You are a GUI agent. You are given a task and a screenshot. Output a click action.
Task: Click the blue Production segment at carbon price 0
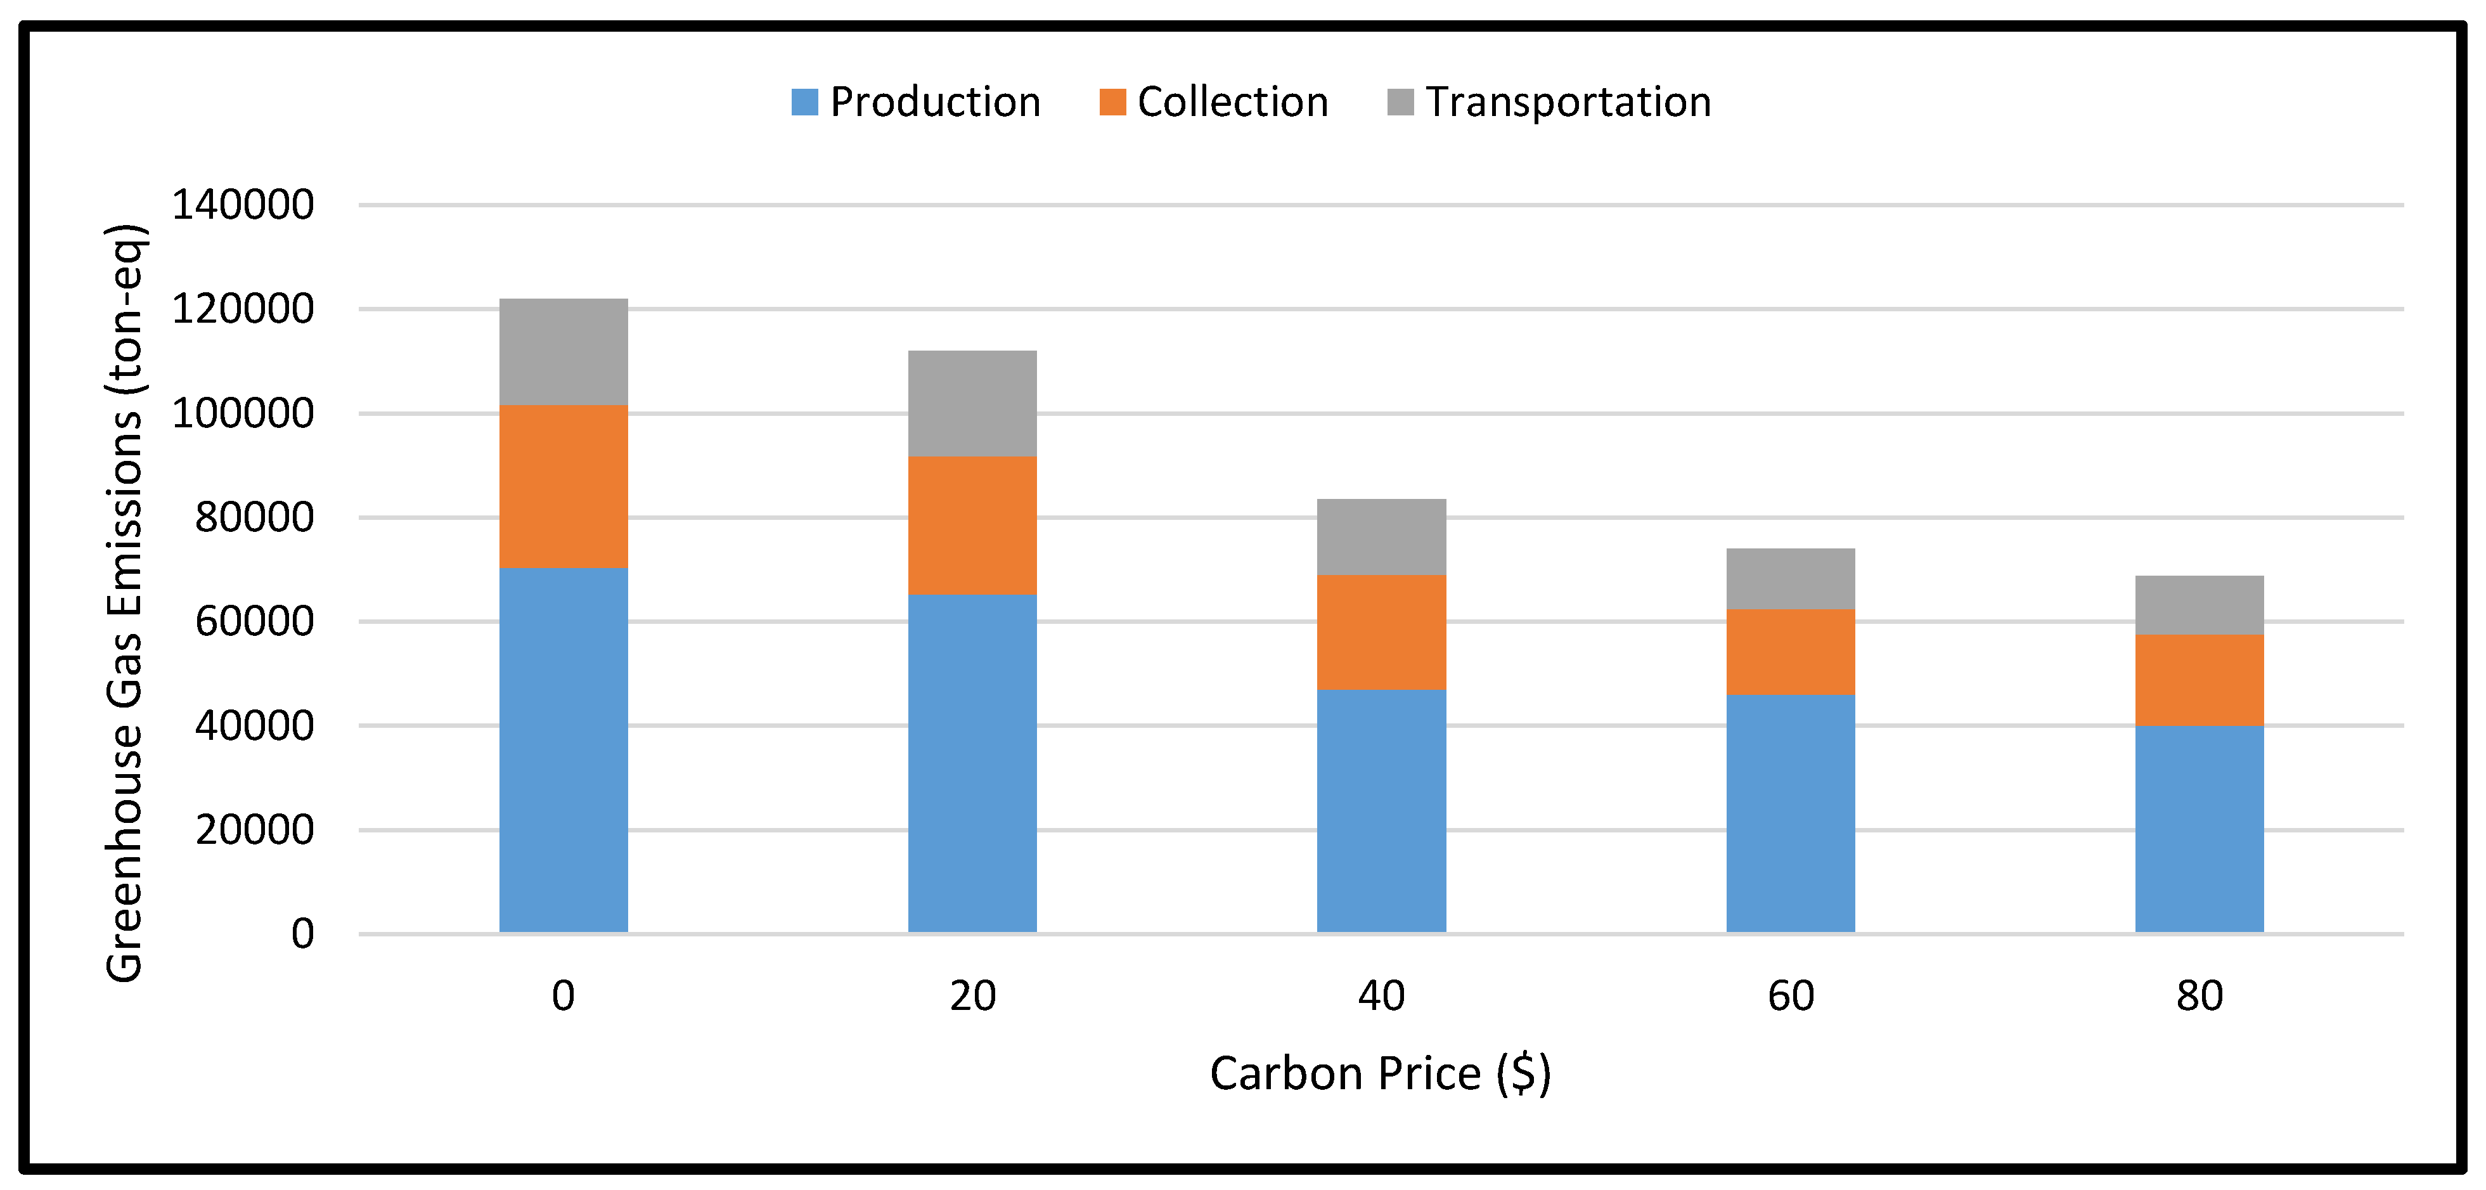(564, 750)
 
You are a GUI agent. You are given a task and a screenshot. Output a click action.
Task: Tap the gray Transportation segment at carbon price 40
(1381, 536)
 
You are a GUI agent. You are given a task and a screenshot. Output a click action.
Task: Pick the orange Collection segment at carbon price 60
(1790, 652)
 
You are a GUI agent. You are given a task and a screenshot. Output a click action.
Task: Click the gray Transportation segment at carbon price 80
(2199, 605)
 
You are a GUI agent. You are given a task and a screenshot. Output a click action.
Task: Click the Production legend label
(934, 102)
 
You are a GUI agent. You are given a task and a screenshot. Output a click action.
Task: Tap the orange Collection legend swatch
(1112, 102)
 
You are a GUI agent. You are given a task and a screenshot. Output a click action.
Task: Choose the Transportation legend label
(1568, 102)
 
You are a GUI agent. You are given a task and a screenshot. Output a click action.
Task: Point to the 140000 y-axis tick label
(242, 205)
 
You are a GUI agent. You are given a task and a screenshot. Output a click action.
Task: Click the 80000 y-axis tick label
(254, 517)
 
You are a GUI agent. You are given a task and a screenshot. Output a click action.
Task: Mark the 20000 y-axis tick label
(254, 829)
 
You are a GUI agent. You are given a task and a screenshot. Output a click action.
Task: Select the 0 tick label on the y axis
(302, 933)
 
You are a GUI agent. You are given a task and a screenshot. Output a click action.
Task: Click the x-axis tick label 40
(1381, 995)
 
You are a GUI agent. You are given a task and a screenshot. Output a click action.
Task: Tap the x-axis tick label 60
(1790, 995)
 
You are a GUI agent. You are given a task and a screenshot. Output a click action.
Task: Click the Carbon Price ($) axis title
(1380, 1073)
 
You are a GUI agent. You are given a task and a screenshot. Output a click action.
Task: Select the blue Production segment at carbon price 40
(1381, 811)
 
